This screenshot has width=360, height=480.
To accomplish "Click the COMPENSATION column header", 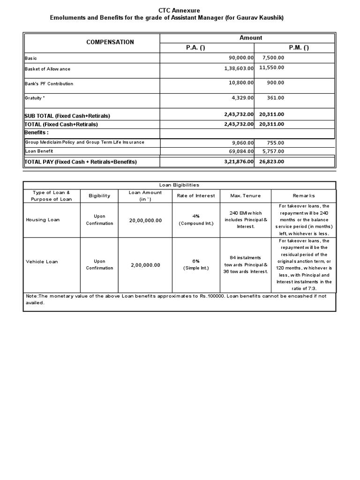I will pyautogui.click(x=110, y=42).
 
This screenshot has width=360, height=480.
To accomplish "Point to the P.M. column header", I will pyautogui.click(x=299, y=48).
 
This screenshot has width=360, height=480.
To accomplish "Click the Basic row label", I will pyautogui.click(x=31, y=59).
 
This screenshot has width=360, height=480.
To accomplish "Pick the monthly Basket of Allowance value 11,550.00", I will pyautogui.click(x=271, y=67).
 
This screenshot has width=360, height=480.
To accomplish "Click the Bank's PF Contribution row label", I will pyautogui.click(x=49, y=84).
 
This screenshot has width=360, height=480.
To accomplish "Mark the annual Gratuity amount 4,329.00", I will pyautogui.click(x=240, y=98).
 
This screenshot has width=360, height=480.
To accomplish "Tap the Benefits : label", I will pyautogui.click(x=37, y=133).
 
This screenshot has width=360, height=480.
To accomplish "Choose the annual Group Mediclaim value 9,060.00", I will pyautogui.click(x=240, y=143).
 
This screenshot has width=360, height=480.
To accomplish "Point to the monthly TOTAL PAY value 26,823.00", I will pyautogui.click(x=271, y=162).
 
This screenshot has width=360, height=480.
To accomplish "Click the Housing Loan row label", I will pyautogui.click(x=43, y=220).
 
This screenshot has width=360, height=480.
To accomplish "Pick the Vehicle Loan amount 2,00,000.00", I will pyautogui.click(x=145, y=265).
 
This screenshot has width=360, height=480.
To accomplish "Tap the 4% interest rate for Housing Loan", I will pyautogui.click(x=196, y=216).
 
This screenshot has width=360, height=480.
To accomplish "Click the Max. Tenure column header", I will pyautogui.click(x=245, y=195).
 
